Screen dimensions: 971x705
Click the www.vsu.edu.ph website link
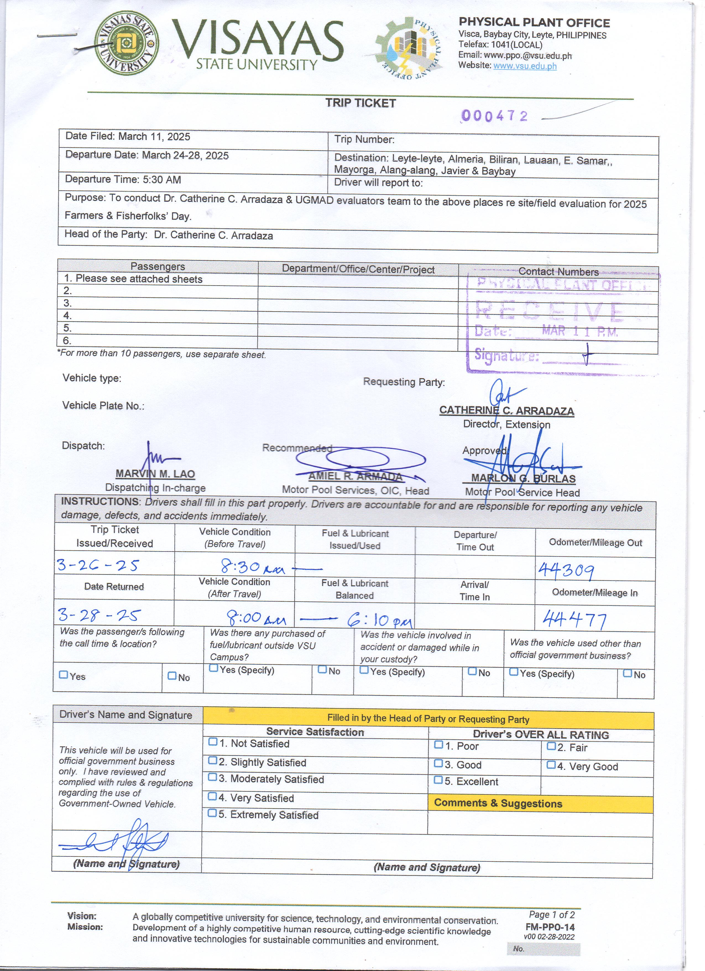click(525, 66)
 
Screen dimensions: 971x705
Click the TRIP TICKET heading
click(360, 103)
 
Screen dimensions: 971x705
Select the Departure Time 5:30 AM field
click(123, 179)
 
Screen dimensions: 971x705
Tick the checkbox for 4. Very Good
click(551, 765)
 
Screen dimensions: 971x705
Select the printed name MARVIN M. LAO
click(155, 474)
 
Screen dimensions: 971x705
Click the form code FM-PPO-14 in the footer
click(550, 927)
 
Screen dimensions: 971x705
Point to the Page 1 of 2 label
click(552, 915)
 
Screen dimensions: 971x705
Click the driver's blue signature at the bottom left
click(116, 842)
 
